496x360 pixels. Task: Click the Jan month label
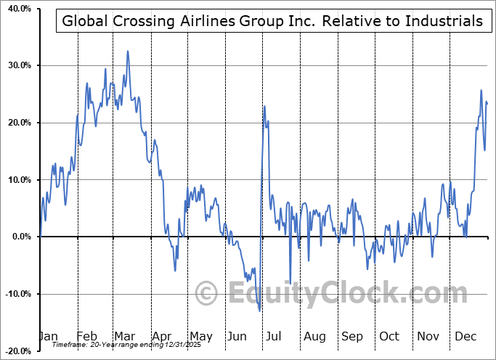[x=48, y=336]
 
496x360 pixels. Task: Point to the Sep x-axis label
[x=351, y=336]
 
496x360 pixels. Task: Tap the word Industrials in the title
[x=441, y=21]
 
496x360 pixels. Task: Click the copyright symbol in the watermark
[x=208, y=293]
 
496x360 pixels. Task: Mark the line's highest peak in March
[x=128, y=52]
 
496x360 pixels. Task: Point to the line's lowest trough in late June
[x=260, y=311]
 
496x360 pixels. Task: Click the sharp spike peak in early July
[x=264, y=107]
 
